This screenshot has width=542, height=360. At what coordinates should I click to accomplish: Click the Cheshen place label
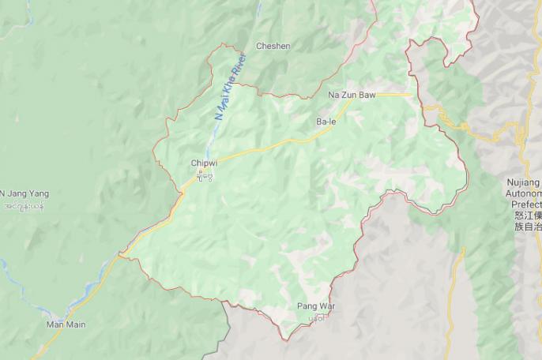[273, 46]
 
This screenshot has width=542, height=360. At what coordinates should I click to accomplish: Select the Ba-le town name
[326, 122]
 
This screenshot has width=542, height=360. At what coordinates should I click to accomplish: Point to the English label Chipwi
[203, 163]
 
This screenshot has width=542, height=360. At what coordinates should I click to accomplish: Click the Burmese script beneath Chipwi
[204, 174]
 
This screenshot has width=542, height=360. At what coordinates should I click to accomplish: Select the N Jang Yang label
[24, 193]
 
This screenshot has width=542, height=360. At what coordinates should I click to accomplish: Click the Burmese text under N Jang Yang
[24, 206]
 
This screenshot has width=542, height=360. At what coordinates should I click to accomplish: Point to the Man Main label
[66, 324]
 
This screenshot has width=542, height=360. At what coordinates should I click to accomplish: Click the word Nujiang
[524, 182]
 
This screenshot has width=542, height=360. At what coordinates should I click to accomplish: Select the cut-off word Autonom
[524, 193]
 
